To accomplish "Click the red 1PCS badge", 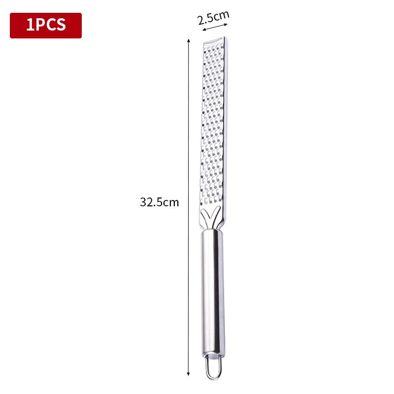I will click(x=46, y=26).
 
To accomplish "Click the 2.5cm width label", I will click(x=213, y=18).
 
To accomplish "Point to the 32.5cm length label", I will click(x=159, y=202).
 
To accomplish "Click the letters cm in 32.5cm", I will click(x=171, y=202).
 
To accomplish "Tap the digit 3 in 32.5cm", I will click(x=143, y=202).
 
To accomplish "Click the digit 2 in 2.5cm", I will click(x=200, y=21).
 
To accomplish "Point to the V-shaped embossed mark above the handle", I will click(x=211, y=219).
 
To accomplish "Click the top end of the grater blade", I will click(x=214, y=40).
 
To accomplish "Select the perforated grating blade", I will click(x=214, y=123).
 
